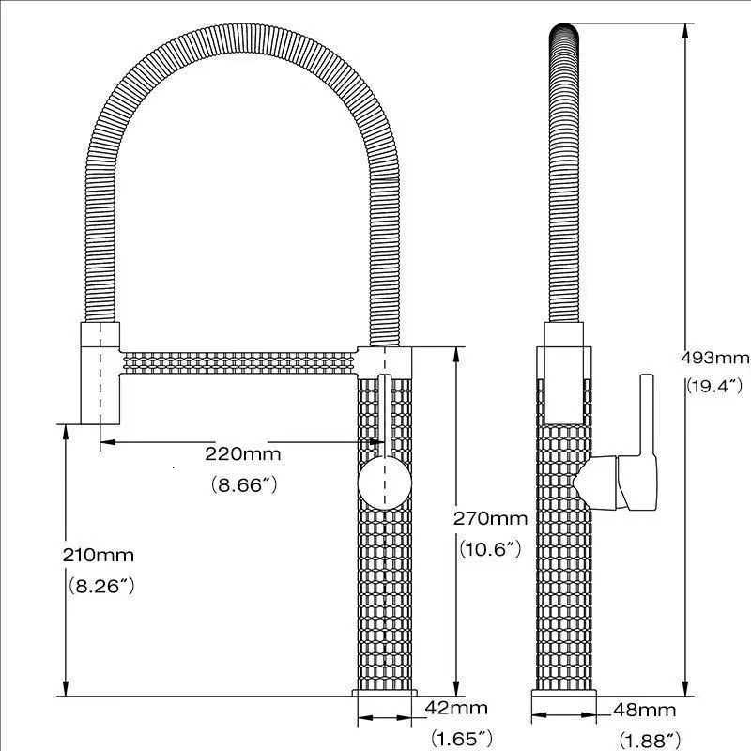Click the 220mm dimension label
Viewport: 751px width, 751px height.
point(243,454)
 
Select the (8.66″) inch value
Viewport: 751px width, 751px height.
point(243,485)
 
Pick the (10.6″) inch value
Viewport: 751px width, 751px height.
point(490,550)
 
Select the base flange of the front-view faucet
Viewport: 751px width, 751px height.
point(386,693)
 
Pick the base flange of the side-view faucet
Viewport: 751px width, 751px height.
point(564,693)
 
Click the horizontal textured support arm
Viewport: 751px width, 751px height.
point(239,360)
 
